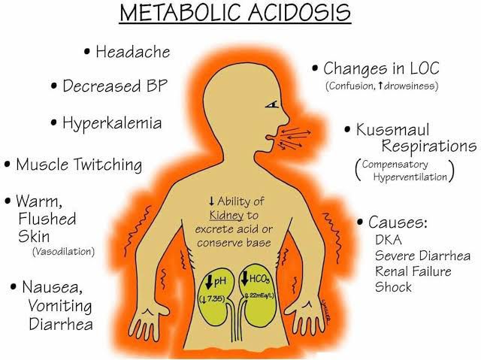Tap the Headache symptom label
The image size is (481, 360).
click(x=133, y=52)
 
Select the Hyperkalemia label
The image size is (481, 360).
click(x=112, y=123)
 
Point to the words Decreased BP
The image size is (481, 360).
click(x=115, y=86)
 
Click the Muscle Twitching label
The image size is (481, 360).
click(x=79, y=165)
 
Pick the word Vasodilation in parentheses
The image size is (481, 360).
click(x=63, y=252)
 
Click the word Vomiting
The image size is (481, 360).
click(x=60, y=306)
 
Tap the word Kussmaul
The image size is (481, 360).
click(x=392, y=130)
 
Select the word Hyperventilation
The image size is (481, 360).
click(x=410, y=177)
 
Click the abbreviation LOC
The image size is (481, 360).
click(x=425, y=68)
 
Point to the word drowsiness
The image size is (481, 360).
click(x=409, y=86)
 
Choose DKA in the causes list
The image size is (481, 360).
click(x=389, y=240)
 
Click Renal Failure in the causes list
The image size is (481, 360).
click(x=413, y=271)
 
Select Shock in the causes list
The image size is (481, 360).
click(x=393, y=287)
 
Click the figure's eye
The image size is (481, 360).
click(x=272, y=105)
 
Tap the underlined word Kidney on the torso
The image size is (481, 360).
click(x=226, y=215)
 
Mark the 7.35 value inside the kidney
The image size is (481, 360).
click(x=217, y=298)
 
